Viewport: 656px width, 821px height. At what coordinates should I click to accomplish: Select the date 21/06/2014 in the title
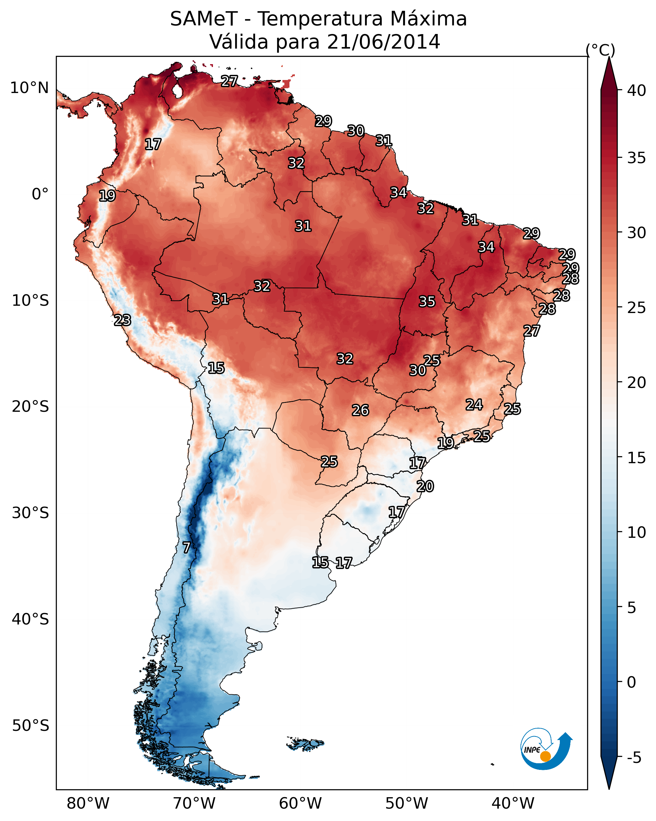pyautogui.click(x=383, y=42)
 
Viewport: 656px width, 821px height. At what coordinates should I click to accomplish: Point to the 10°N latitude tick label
pyautogui.click(x=29, y=88)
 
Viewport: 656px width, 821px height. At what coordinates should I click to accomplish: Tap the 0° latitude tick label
pyautogui.click(x=40, y=194)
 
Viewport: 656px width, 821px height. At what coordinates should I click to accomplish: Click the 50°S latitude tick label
pyautogui.click(x=30, y=726)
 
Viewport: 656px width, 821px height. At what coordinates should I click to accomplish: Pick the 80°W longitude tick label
pyautogui.click(x=88, y=803)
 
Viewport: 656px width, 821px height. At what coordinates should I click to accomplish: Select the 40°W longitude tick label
pyautogui.click(x=513, y=803)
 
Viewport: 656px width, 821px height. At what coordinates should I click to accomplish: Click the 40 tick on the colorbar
pyautogui.click(x=637, y=90)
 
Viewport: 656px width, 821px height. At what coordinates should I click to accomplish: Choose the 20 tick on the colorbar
pyautogui.click(x=637, y=382)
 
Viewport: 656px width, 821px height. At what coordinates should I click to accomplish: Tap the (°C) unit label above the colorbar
pyautogui.click(x=600, y=50)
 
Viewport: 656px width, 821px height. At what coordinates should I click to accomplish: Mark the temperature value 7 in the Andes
pyautogui.click(x=186, y=548)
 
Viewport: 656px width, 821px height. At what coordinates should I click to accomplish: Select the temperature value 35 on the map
pyautogui.click(x=427, y=302)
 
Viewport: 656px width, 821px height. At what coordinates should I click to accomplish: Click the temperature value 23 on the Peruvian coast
pyautogui.click(x=123, y=320)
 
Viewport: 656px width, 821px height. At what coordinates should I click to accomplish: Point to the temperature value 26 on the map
pyautogui.click(x=360, y=410)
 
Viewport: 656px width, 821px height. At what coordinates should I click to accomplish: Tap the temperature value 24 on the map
pyautogui.click(x=474, y=404)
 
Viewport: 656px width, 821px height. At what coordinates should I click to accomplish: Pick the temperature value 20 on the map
pyautogui.click(x=425, y=486)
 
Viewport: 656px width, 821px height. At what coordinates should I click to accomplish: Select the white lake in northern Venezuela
pyautogui.click(x=177, y=90)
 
